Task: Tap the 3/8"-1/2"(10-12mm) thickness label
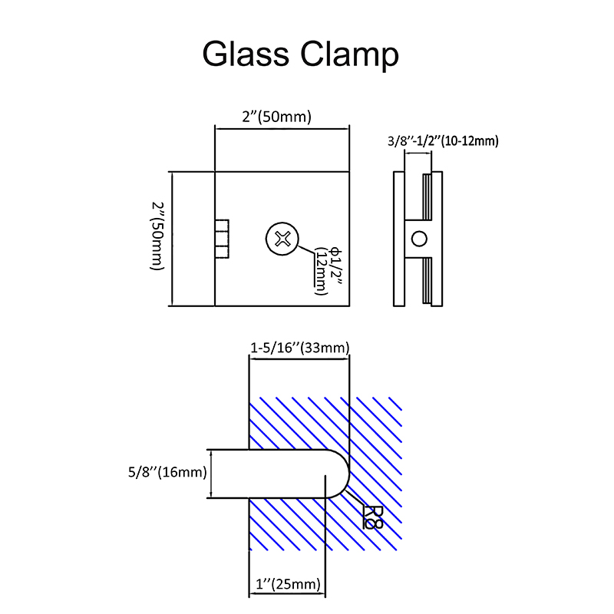444,140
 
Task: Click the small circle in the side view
418,238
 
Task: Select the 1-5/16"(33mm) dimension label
300,348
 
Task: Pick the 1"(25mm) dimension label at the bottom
286,585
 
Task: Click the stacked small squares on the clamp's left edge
221,239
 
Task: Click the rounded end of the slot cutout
338,473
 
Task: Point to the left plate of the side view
398,238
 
